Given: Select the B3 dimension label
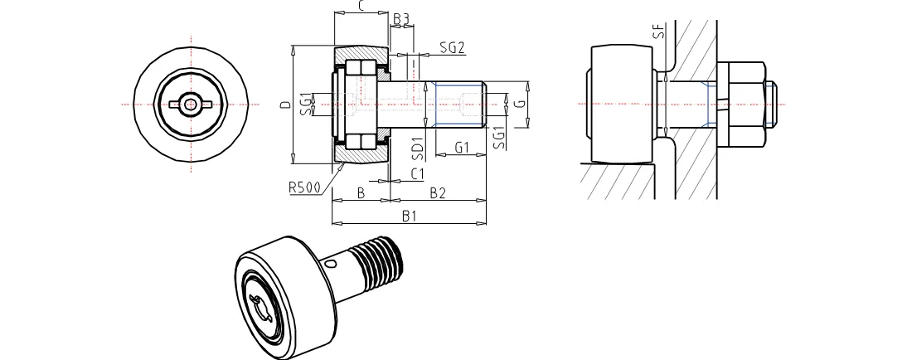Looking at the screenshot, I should pos(401,18).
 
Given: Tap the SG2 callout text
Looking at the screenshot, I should pos(451,47).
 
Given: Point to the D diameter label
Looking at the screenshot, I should pos(284,105).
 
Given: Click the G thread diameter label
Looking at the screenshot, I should pos(517,104).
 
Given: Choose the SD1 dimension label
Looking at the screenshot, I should pos(419,148).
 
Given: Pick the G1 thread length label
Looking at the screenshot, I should pos(463,148).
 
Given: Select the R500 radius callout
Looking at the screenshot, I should pos(305,187).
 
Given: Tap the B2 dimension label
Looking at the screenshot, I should pos(438,193).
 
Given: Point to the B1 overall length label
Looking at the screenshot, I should pos(409,217).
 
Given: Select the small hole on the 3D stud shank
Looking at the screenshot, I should pos(332,265).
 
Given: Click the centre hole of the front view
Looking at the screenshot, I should pos(191,105).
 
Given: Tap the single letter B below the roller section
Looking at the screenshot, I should pos(361,193).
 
